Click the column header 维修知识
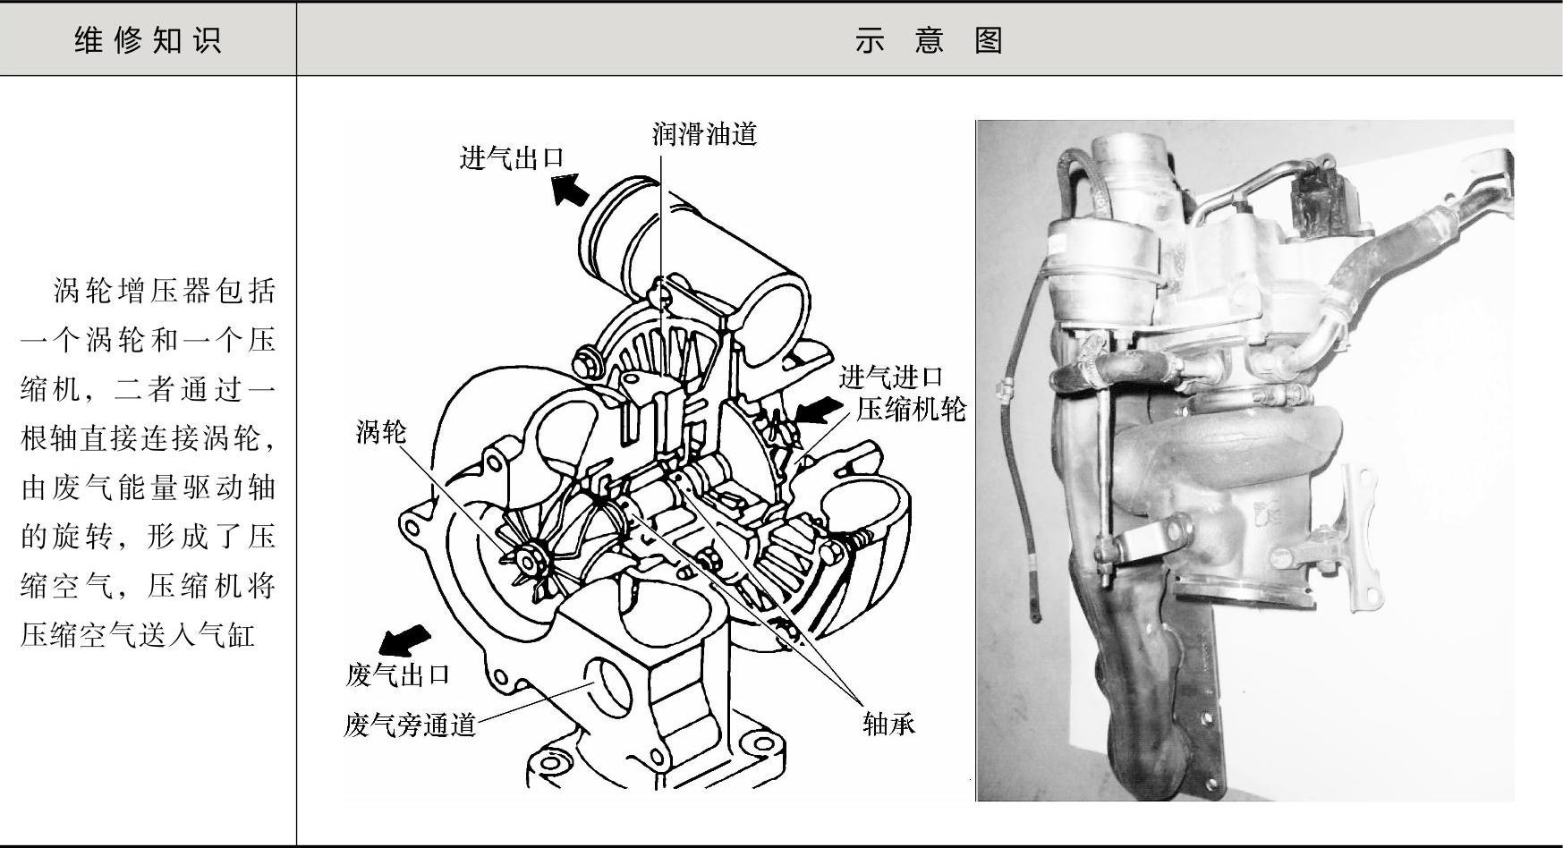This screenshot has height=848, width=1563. (148, 40)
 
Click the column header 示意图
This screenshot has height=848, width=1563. (929, 40)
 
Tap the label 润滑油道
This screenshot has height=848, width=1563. (704, 134)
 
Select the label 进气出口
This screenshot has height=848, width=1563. (512, 158)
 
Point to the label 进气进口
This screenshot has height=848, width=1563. (891, 377)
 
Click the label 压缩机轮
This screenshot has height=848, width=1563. (912, 409)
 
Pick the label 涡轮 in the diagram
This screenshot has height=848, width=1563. (381, 432)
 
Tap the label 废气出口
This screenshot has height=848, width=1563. (397, 674)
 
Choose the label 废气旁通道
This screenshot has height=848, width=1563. (410, 724)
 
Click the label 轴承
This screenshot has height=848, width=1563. (888, 724)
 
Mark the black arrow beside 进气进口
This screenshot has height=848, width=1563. (818, 411)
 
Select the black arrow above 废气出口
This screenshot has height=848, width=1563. (404, 640)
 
